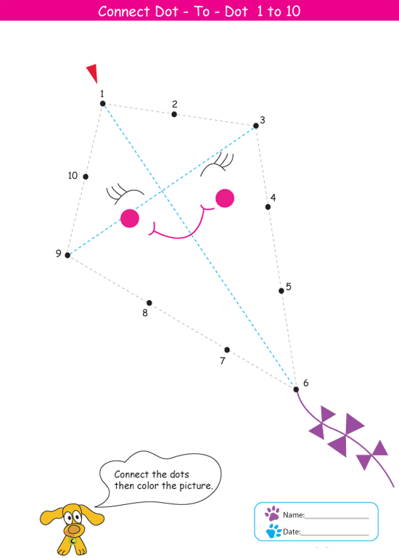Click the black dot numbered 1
(103, 104)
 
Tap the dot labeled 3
(256, 126)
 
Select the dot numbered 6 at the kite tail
(296, 389)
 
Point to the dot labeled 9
(67, 255)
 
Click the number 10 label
(73, 175)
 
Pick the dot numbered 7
(227, 349)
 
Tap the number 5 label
(289, 286)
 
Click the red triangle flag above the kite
(92, 73)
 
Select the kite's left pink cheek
(130, 218)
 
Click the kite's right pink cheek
(225, 198)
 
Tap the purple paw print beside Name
(272, 514)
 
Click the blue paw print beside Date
(273, 531)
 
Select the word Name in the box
(294, 515)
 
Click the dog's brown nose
(74, 530)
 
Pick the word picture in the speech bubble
(195, 486)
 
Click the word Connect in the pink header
(121, 12)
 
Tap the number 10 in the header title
(293, 11)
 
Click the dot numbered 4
(268, 207)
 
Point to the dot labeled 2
(174, 114)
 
